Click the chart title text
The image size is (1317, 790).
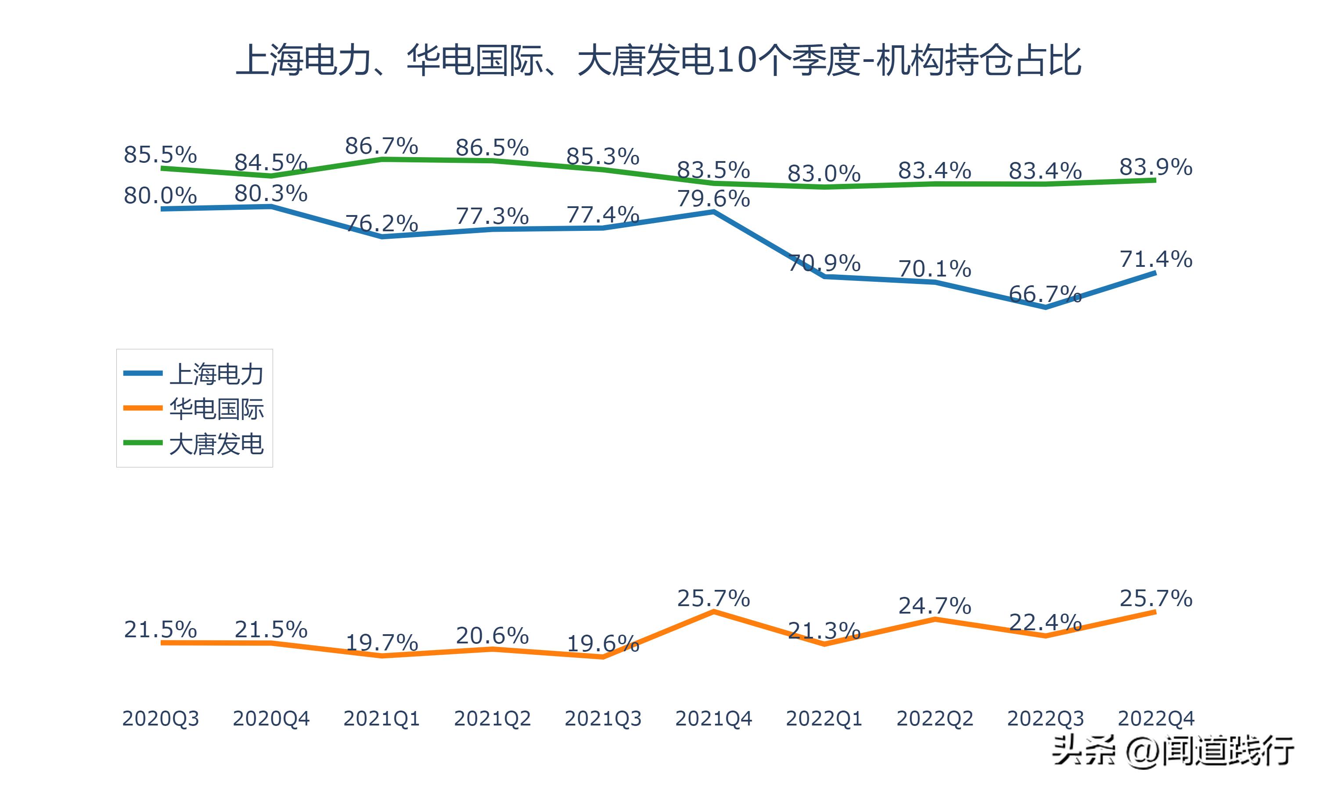[x=658, y=60]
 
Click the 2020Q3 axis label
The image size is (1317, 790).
[x=160, y=718]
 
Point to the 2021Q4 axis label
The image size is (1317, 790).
[x=713, y=718]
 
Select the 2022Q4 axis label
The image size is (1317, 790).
[x=1156, y=718]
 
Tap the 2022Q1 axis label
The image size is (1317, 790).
[x=824, y=718]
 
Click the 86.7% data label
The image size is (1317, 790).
[x=381, y=146]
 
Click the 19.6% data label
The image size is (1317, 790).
[x=603, y=643]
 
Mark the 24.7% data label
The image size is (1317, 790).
[x=935, y=606]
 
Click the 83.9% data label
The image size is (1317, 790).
[x=1156, y=167]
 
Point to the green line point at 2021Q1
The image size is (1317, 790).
[x=381, y=158]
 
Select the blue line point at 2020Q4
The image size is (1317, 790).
[x=271, y=206]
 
